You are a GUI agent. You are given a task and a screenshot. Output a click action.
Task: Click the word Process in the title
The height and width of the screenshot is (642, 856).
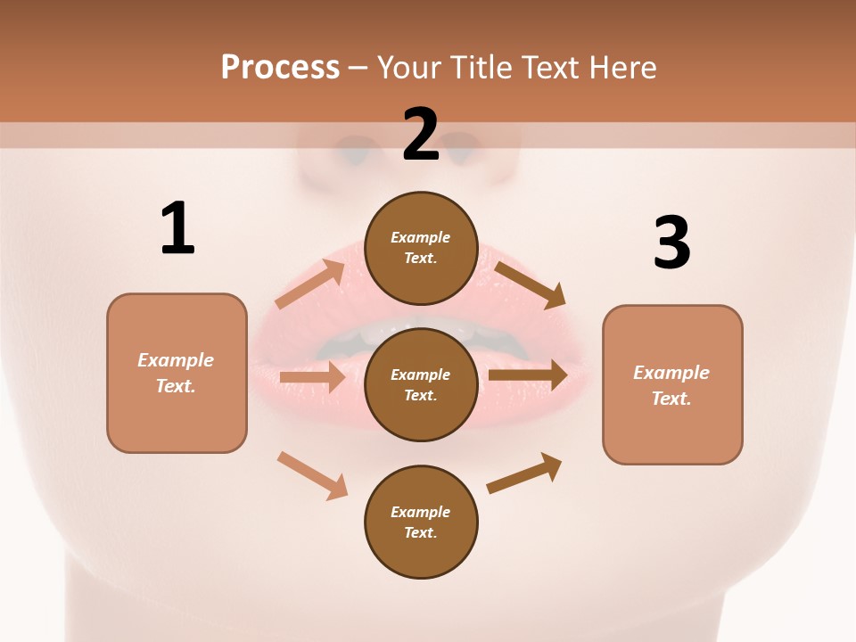(x=280, y=67)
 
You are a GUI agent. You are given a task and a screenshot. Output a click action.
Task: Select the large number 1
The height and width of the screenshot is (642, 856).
(x=177, y=228)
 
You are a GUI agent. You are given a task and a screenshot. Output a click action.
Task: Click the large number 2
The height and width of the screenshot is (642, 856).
(x=421, y=135)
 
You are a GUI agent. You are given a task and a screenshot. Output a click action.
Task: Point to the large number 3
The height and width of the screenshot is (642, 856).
(x=671, y=243)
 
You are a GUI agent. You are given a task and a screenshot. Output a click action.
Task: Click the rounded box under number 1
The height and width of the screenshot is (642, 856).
(x=177, y=373)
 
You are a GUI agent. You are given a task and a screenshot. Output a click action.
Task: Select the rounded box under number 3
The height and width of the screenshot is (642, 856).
(x=672, y=385)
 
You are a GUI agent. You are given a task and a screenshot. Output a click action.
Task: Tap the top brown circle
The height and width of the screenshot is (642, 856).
(x=421, y=248)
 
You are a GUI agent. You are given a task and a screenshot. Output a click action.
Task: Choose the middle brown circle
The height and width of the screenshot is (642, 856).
(x=421, y=384)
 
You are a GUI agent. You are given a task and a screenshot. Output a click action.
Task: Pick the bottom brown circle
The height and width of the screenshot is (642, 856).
(x=421, y=522)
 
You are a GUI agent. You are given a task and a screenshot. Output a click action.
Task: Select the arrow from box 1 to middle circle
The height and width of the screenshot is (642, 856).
(x=312, y=377)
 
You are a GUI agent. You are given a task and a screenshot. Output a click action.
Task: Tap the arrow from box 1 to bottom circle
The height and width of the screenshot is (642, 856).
(x=313, y=474)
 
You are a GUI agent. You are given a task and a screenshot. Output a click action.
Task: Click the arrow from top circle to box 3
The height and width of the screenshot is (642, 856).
(x=530, y=284)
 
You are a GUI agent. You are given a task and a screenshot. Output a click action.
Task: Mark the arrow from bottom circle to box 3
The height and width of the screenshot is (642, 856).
(x=524, y=473)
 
